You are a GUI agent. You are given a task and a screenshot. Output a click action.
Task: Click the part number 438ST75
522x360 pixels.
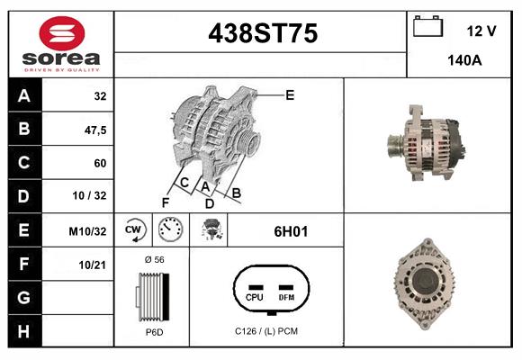[262, 34]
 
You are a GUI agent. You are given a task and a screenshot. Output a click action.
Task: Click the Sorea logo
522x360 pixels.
[60, 45]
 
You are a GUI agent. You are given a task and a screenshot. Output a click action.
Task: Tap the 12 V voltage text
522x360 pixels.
[481, 31]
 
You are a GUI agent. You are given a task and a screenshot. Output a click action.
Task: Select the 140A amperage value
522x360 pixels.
[465, 61]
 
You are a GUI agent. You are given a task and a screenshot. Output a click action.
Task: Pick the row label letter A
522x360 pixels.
[23, 95]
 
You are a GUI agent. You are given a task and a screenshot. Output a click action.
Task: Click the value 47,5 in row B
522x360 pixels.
[94, 130]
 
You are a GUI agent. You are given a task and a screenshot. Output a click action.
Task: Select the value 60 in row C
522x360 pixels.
[100, 163]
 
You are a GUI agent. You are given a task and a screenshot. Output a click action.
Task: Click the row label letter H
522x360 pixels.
[23, 331]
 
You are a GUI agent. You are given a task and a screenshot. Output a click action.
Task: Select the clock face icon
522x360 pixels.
[170, 230]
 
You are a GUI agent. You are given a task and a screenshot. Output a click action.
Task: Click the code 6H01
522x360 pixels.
[291, 231]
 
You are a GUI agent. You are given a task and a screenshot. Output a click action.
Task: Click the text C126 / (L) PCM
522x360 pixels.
[265, 331]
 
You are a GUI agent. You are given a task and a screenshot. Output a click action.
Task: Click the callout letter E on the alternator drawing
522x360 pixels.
[290, 94]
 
